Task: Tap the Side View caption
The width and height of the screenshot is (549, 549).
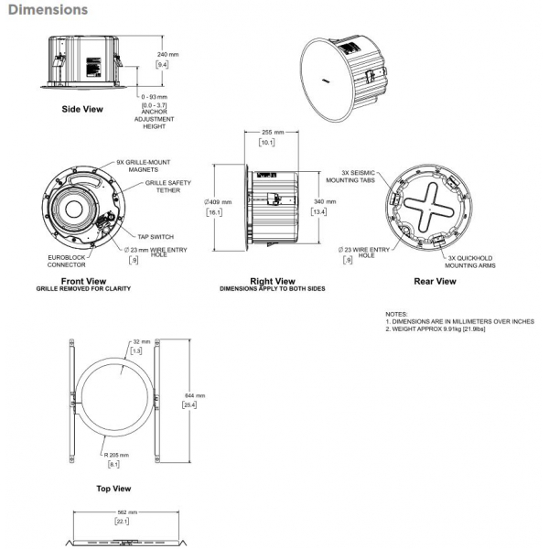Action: click(x=82, y=109)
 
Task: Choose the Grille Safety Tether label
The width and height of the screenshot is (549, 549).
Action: click(x=167, y=187)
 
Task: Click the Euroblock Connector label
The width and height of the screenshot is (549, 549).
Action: click(x=66, y=262)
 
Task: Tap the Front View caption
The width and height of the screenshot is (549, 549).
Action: click(x=83, y=281)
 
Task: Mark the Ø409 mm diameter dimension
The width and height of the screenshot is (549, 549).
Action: click(x=220, y=201)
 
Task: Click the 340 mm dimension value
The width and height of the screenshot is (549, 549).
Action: click(x=324, y=201)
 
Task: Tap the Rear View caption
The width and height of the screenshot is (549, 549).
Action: click(x=435, y=281)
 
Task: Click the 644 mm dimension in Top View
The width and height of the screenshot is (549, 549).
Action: click(x=194, y=394)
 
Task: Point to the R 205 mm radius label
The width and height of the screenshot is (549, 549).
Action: click(x=115, y=454)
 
